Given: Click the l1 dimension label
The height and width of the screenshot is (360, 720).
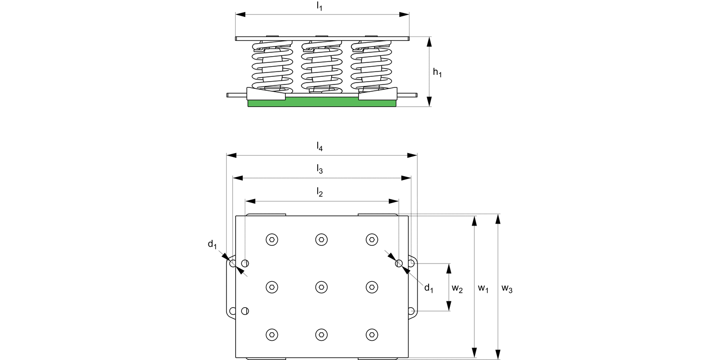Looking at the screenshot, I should [320, 6].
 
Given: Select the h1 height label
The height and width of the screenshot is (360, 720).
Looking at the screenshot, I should [437, 72].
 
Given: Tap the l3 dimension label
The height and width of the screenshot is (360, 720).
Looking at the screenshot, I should [320, 169].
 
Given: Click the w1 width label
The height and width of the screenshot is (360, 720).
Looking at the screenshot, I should [483, 288].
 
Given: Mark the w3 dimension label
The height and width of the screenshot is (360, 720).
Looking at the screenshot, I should [507, 288].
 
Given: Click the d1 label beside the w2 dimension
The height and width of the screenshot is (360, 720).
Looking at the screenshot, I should [429, 288].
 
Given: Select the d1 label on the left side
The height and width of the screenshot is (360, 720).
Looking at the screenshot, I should [212, 244].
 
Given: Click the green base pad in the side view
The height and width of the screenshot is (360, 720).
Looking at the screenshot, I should [322, 102].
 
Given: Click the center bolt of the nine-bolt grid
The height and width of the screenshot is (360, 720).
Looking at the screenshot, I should [322, 287].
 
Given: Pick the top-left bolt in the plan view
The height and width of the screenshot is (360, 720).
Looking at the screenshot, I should [272, 239].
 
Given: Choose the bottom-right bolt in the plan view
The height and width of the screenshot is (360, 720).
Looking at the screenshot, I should [371, 335].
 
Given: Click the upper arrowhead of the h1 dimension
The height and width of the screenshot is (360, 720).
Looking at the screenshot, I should [430, 41].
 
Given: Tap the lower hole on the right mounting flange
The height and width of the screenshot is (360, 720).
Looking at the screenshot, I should [411, 311].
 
